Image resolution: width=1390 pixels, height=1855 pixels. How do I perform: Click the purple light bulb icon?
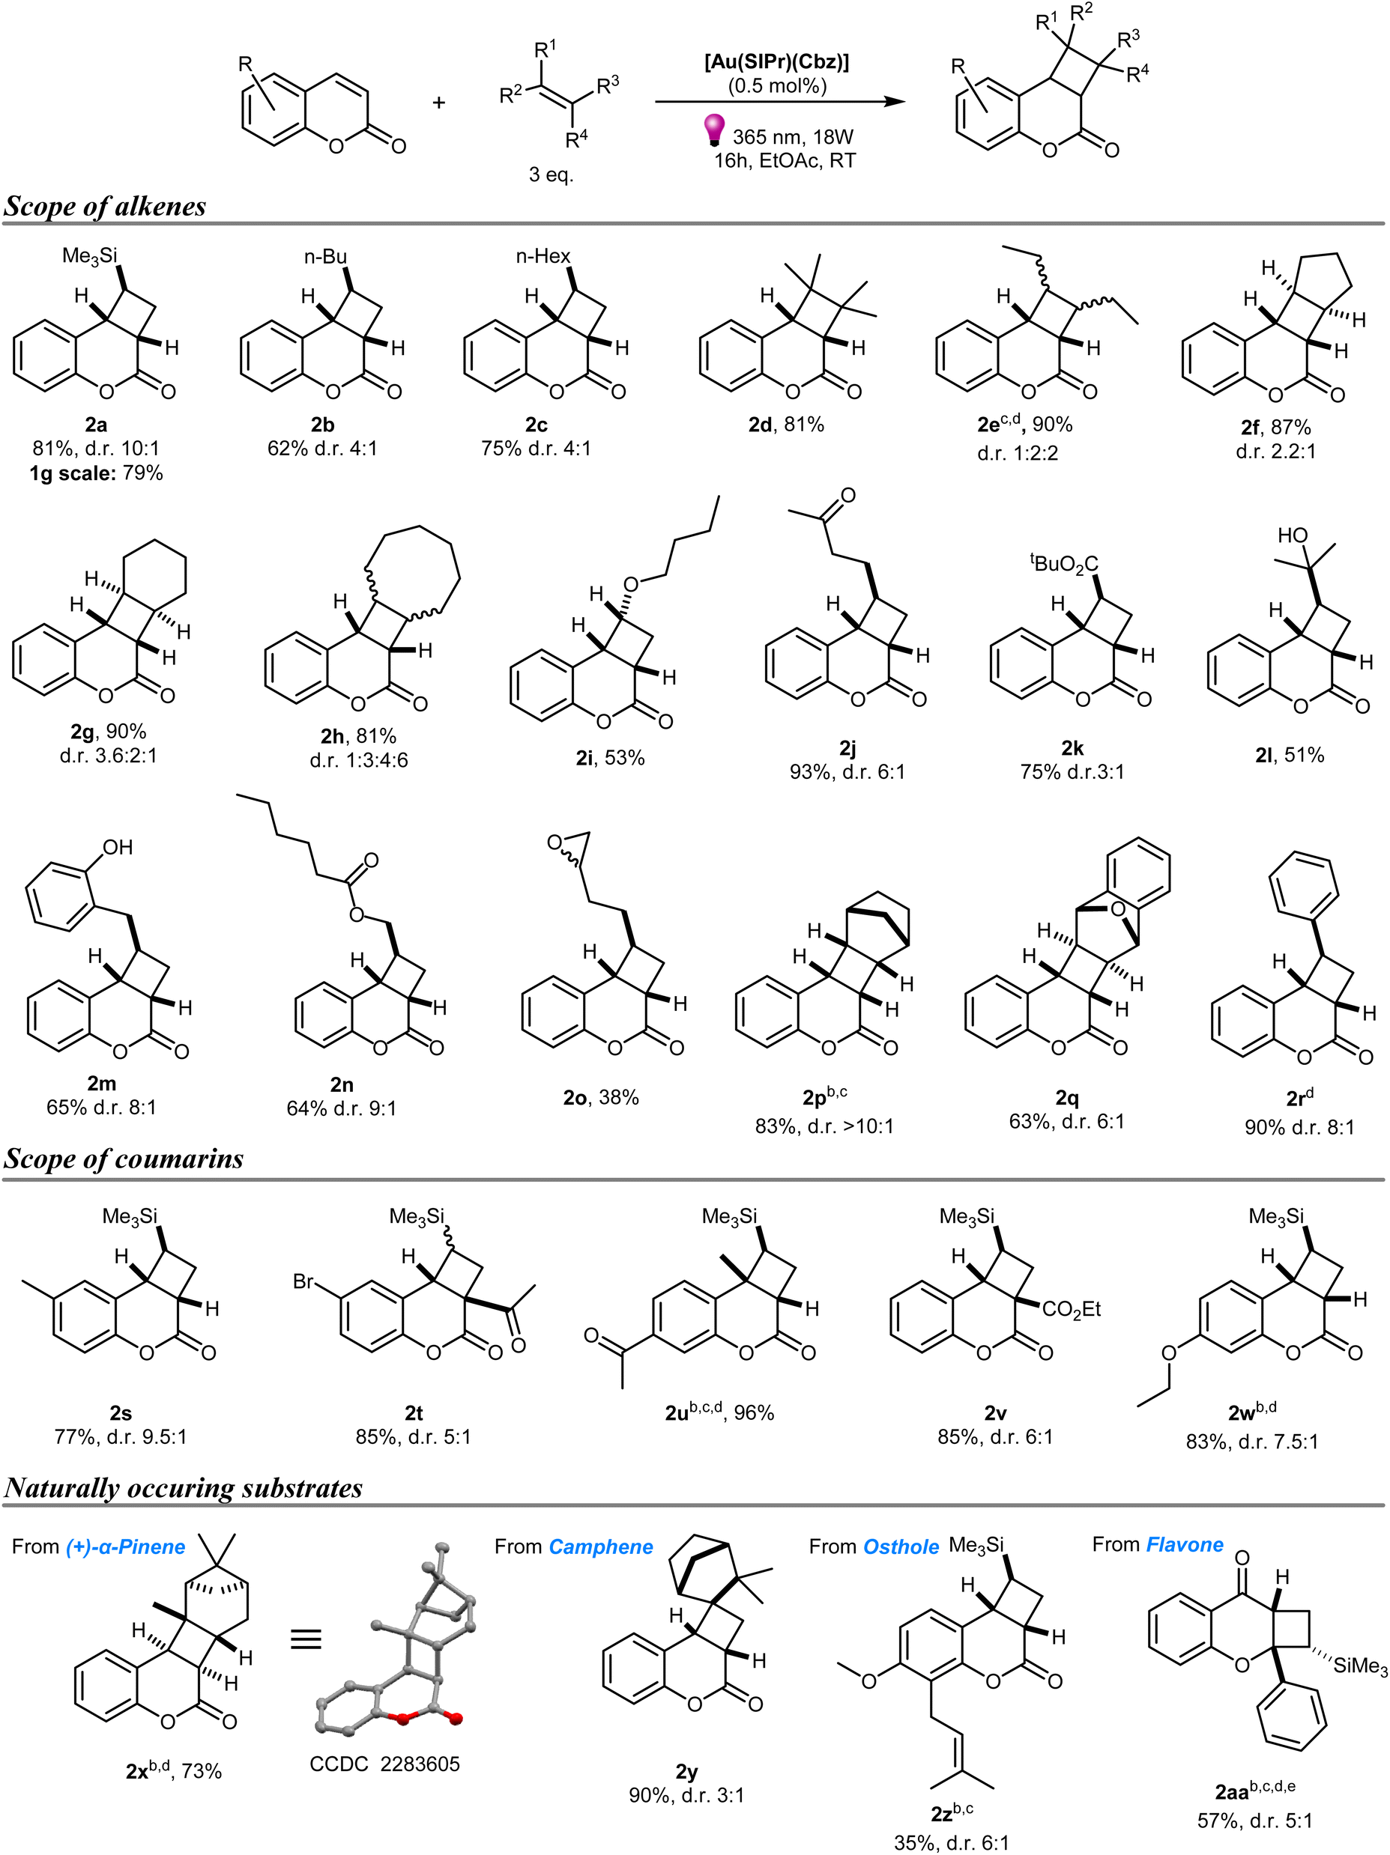(713, 130)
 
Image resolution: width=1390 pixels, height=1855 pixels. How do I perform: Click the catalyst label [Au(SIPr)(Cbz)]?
(777, 61)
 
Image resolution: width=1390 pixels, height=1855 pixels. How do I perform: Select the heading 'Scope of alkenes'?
(105, 206)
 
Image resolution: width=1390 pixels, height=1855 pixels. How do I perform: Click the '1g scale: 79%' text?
(97, 473)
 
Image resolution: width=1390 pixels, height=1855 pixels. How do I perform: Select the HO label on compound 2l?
(1293, 535)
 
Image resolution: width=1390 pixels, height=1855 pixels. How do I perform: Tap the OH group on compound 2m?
(118, 847)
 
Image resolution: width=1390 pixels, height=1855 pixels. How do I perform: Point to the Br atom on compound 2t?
(303, 1281)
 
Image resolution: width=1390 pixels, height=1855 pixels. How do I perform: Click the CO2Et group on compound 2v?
(1072, 1310)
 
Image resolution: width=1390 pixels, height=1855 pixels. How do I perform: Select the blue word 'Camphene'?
(601, 1546)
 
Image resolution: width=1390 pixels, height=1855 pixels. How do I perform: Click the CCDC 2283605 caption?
(385, 1764)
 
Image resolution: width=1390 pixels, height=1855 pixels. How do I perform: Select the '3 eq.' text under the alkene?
(552, 174)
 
